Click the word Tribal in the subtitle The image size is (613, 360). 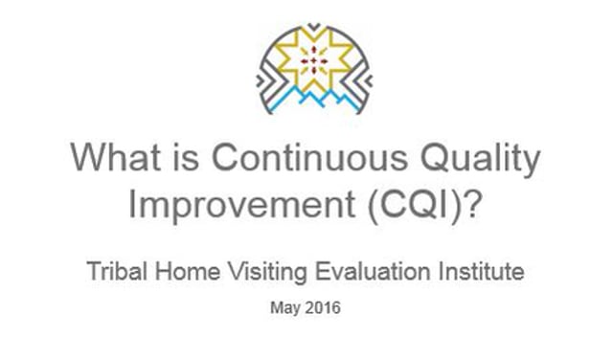[115, 272]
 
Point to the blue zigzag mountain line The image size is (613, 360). [307, 97]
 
